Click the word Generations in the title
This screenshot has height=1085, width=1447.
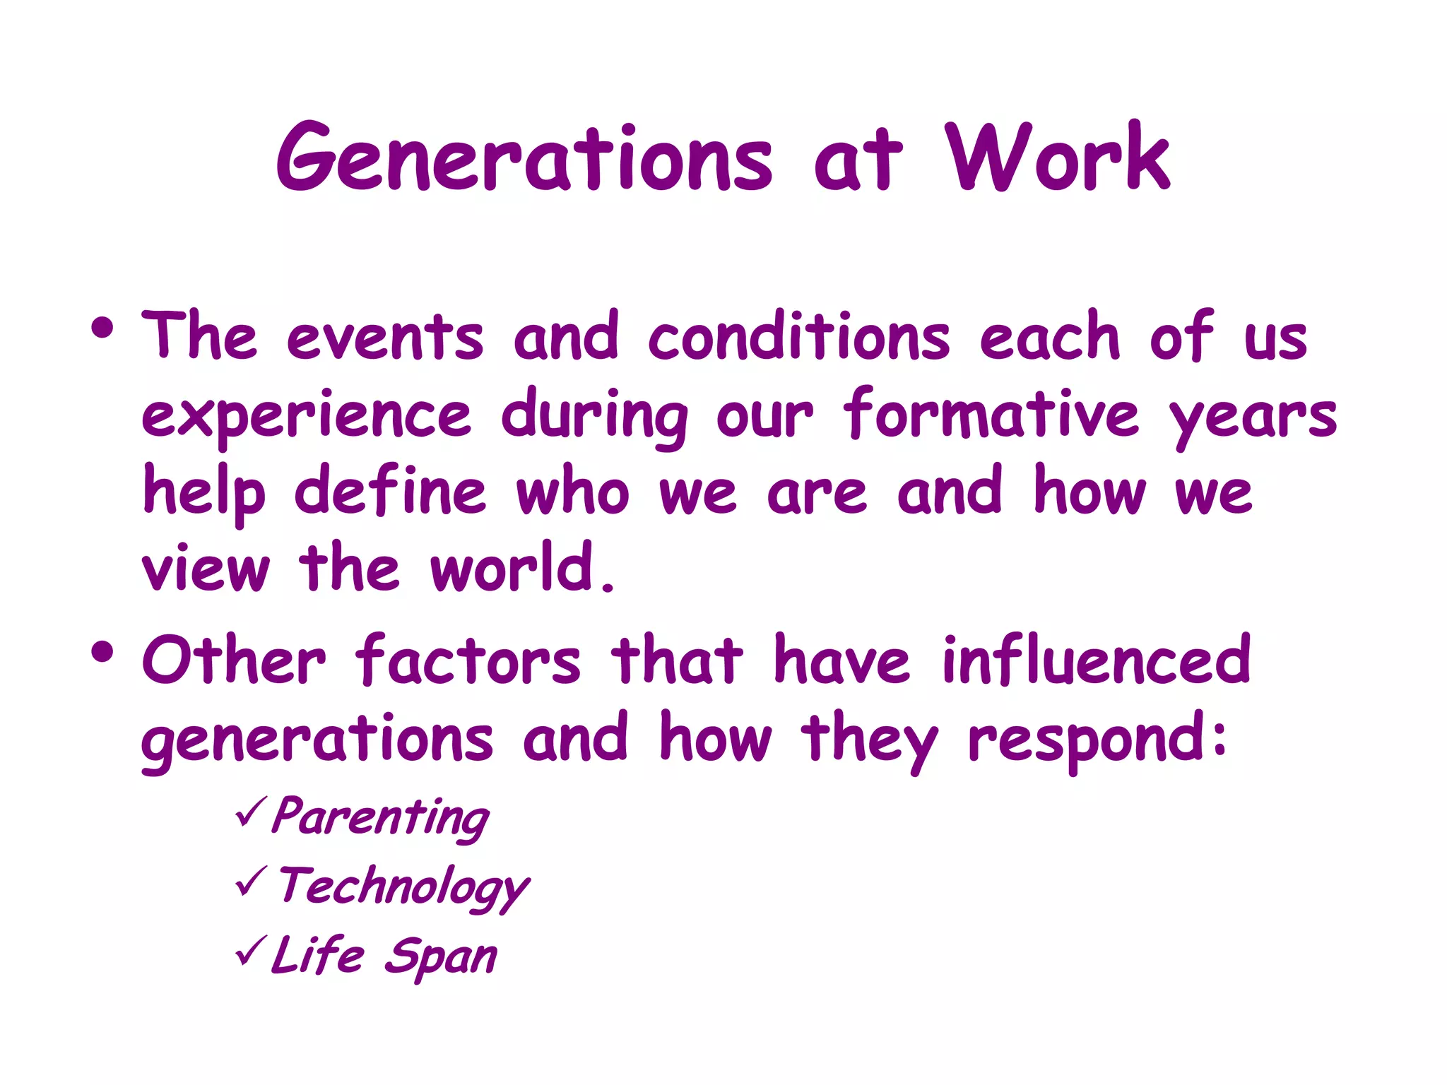pyautogui.click(x=524, y=158)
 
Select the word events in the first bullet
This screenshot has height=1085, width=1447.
pyautogui.click(x=385, y=338)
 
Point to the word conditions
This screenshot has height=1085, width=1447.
pyautogui.click(x=798, y=336)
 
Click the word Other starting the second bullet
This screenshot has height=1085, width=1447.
pyautogui.click(x=234, y=660)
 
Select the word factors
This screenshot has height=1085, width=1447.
pyautogui.click(x=468, y=660)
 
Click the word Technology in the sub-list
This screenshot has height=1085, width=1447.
pyautogui.click(x=403, y=887)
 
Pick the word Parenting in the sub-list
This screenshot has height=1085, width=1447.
pyautogui.click(x=380, y=817)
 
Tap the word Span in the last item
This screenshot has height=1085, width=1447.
pyautogui.click(x=441, y=957)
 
